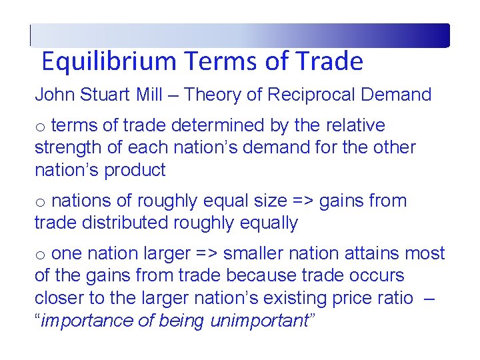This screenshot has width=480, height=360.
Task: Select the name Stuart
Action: [x=104, y=95]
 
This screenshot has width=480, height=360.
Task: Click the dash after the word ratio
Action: [x=429, y=298]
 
